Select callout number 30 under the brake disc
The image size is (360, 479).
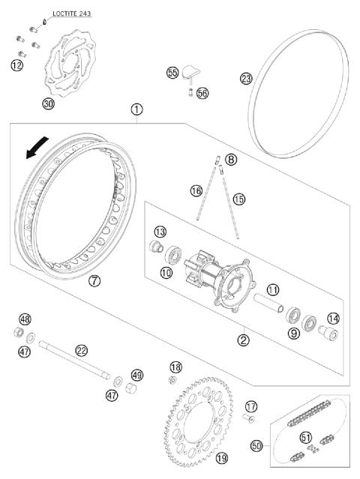48,103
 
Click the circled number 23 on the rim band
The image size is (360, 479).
246,79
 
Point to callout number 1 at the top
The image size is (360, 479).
136,109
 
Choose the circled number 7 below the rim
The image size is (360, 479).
94,281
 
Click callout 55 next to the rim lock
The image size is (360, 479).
172,73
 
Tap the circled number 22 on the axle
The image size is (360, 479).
82,349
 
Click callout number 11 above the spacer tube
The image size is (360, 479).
273,289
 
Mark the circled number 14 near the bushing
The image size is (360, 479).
333,318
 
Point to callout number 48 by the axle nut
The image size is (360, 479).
25,319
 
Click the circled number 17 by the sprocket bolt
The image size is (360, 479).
251,406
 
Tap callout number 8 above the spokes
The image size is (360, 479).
230,160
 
